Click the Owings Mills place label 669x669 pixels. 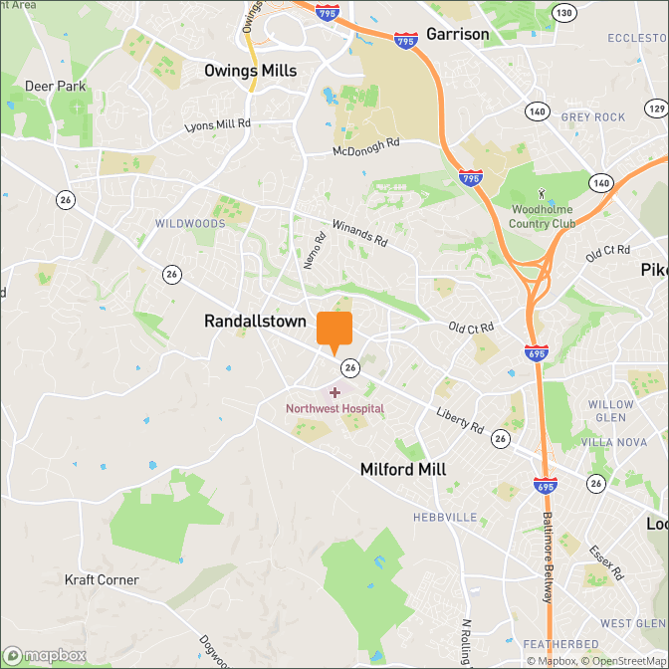(x=250, y=71)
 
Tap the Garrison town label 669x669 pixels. (x=457, y=34)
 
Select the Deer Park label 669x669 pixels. (x=56, y=87)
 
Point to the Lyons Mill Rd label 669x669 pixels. (x=218, y=126)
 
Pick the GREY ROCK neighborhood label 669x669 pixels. (x=593, y=116)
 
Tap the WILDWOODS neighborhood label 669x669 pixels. (x=190, y=224)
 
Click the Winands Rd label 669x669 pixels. (x=358, y=234)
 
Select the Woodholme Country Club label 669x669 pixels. (x=543, y=216)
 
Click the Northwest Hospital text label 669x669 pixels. (x=334, y=408)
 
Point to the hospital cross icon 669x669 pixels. (x=334, y=393)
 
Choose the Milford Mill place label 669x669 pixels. (x=403, y=469)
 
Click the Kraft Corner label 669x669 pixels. (x=102, y=579)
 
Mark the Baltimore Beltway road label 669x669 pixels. (x=547, y=557)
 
